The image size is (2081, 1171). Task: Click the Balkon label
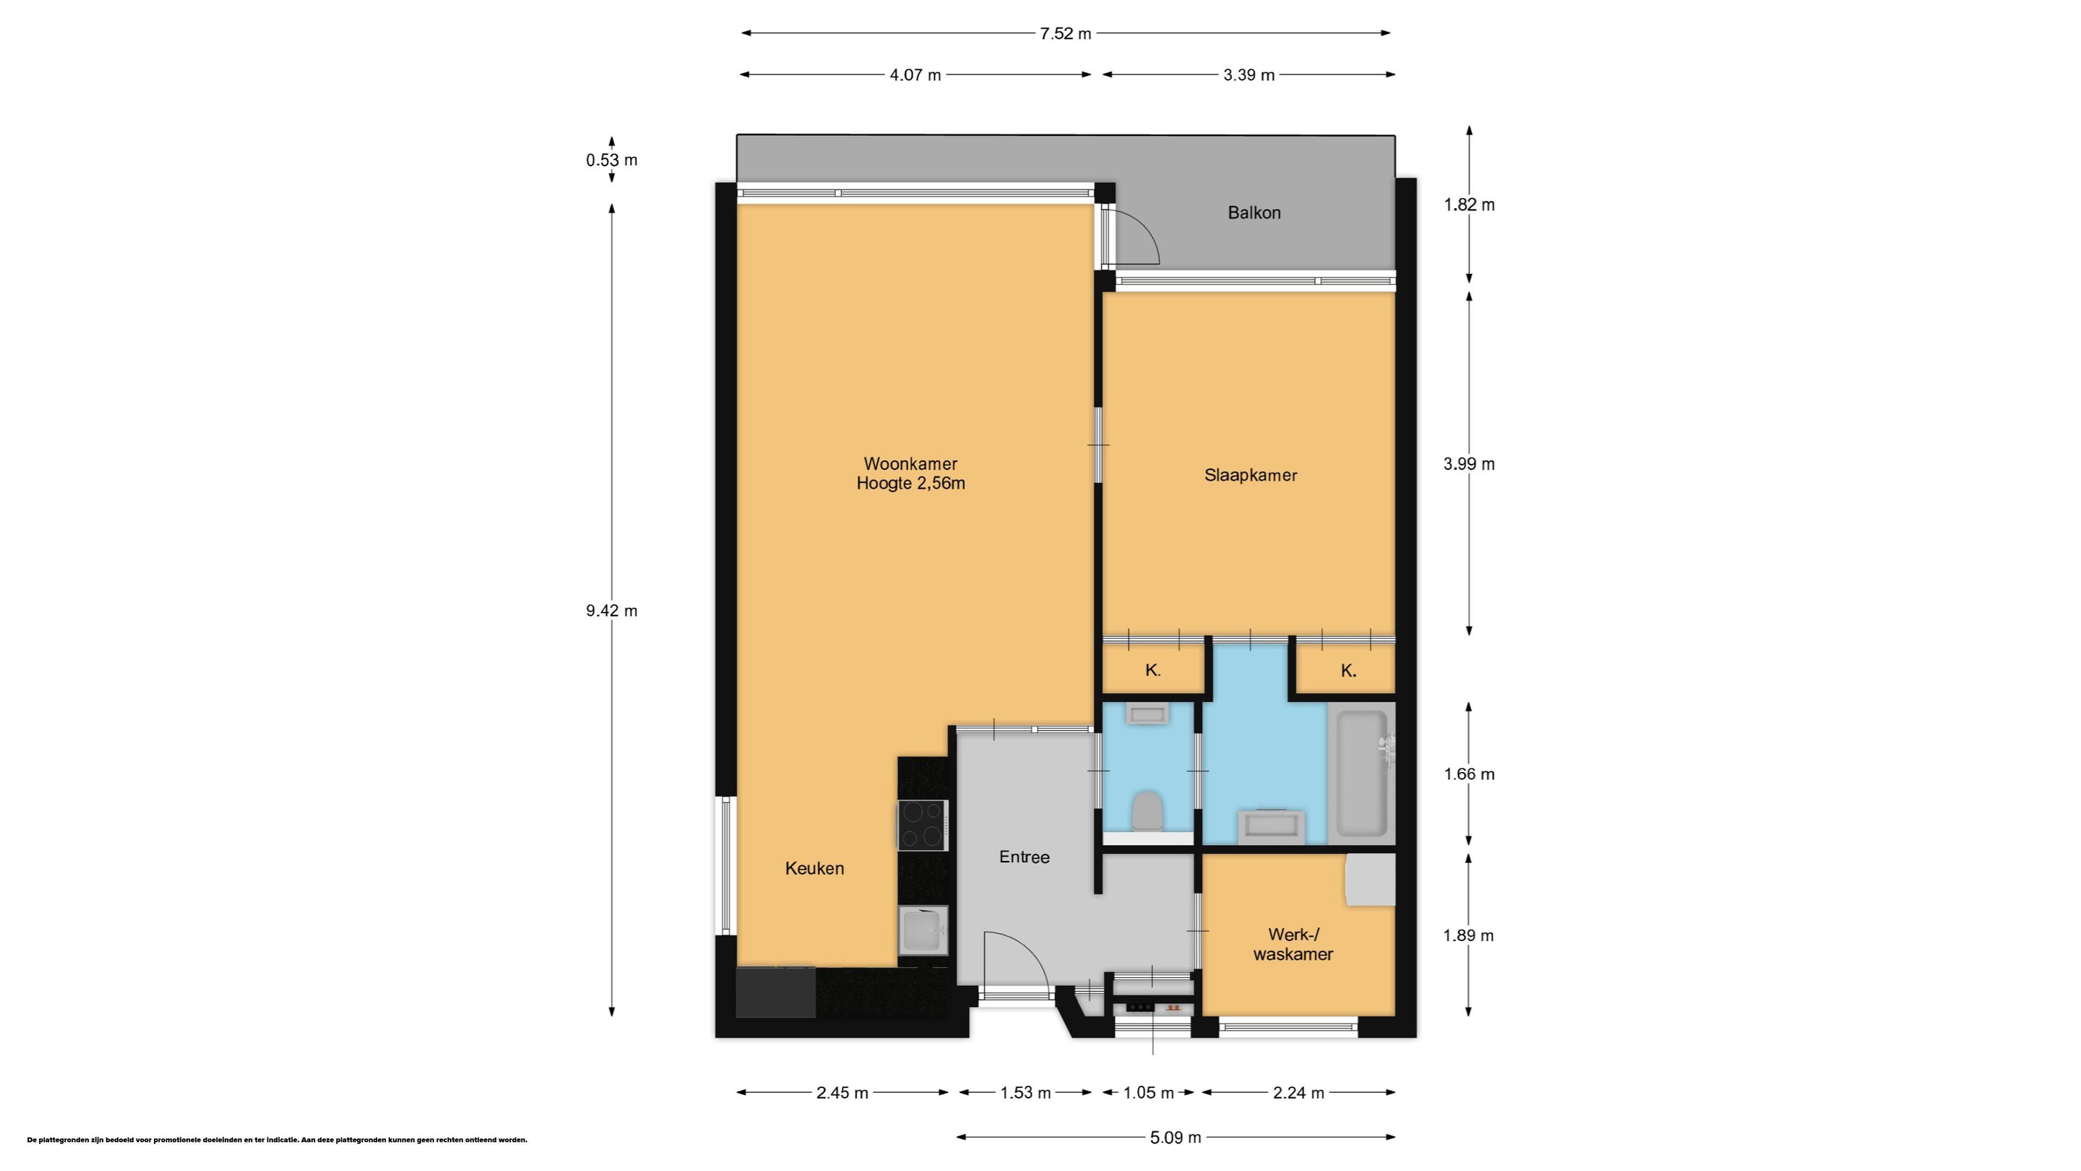click(1254, 213)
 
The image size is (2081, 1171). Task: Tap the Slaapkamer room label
click(1251, 475)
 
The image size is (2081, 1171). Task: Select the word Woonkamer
click(910, 464)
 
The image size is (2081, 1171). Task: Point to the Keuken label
click(814, 868)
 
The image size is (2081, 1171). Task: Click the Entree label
click(1025, 857)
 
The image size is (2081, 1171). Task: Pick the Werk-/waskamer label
click(1293, 944)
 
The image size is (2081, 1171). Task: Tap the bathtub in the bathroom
click(1363, 773)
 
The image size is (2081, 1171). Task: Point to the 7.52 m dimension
click(1066, 33)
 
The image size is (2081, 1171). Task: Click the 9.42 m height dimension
click(611, 611)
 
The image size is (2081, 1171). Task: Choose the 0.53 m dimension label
click(611, 160)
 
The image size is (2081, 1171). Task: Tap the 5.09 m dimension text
click(1176, 1138)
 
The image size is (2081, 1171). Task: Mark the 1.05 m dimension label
click(1148, 1094)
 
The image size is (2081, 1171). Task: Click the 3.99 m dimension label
click(1469, 464)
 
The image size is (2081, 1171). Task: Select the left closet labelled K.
click(1152, 670)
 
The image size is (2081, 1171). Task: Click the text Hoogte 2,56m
click(910, 484)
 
